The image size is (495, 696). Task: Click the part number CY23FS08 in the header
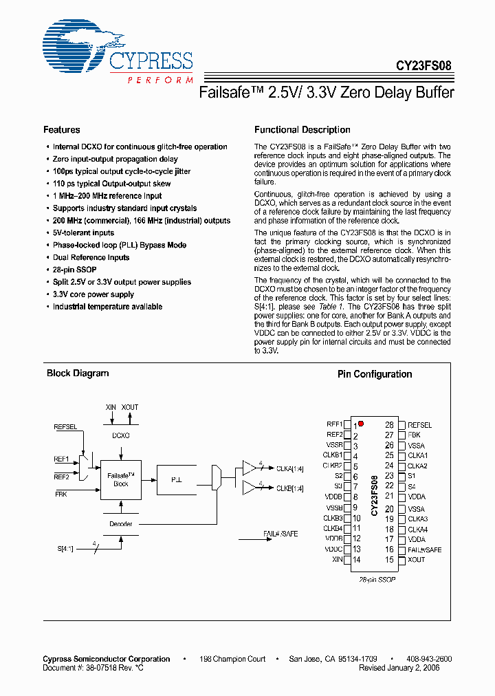point(423,67)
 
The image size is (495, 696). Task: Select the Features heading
point(61,129)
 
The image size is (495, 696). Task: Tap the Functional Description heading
point(302,129)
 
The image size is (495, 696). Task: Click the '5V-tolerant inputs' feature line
point(83,232)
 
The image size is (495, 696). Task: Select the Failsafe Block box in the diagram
point(120,479)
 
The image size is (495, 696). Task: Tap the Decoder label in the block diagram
point(120,524)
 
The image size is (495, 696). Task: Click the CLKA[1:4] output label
point(289,469)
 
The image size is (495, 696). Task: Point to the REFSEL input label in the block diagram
point(67,427)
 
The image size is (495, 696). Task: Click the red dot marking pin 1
point(361,424)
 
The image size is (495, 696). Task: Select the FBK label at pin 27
point(415,435)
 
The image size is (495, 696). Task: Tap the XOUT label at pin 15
point(417,560)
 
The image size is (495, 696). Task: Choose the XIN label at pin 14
point(337,560)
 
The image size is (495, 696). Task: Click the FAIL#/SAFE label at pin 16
point(424,550)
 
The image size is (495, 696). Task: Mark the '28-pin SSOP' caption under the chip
point(376,580)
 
